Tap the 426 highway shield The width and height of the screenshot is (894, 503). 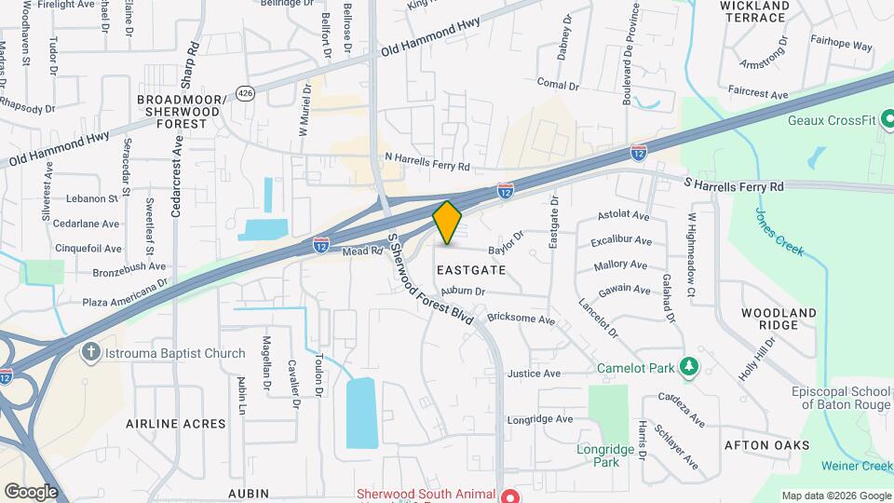pos(245,93)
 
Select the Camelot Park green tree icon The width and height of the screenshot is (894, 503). pos(689,366)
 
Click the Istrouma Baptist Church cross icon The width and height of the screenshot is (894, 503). pos(90,353)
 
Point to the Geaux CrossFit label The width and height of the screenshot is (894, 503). pos(833,120)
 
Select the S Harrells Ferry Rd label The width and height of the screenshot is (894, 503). pos(734,186)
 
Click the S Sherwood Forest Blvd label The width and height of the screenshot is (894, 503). pos(431,277)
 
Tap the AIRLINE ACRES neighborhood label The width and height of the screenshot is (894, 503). pos(176,424)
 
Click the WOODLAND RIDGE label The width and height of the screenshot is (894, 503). pos(779,319)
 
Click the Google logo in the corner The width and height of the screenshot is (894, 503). pos(31,491)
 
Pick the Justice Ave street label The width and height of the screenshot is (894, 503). pos(534,374)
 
